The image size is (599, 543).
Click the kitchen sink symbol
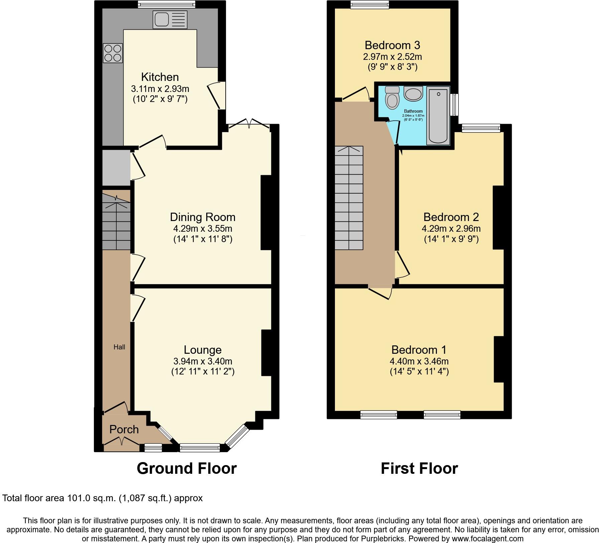170,20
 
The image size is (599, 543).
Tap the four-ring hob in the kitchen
113,53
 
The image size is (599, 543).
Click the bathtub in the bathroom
438,116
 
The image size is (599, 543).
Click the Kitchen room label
160,77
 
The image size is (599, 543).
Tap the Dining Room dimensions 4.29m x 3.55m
203,229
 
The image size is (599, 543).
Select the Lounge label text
203,350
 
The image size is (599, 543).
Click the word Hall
119,347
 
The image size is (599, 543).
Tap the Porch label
124,429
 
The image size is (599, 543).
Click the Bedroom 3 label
392,45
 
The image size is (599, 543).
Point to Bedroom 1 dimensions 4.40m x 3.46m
419,361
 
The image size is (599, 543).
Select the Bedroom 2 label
451,217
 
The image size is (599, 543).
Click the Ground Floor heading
187,468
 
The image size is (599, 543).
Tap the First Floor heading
419,468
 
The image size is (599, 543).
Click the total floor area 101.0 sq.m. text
102,498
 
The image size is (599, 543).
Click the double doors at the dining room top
249,124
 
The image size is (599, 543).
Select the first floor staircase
349,198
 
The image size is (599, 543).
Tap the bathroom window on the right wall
454,105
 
